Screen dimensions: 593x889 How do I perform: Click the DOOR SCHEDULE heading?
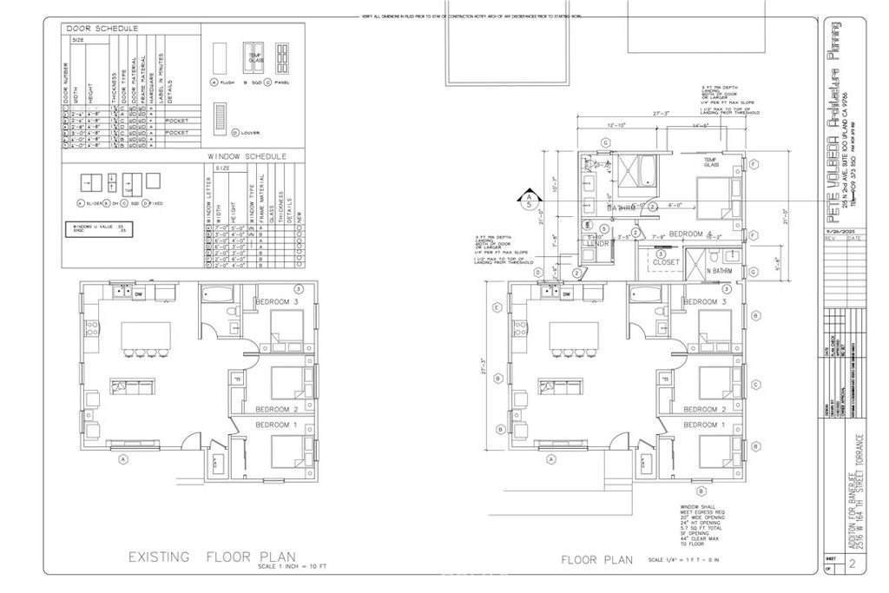click(x=102, y=29)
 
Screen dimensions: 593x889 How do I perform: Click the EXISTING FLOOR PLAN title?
click(x=212, y=556)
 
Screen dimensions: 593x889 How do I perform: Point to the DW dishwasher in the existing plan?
click(x=138, y=294)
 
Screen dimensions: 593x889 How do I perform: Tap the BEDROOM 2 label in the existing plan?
click(x=276, y=409)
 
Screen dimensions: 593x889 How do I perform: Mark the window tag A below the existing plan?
click(x=123, y=458)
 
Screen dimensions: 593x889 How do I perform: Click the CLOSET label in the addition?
click(x=666, y=260)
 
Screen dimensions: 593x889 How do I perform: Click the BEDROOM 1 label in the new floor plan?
click(x=704, y=425)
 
